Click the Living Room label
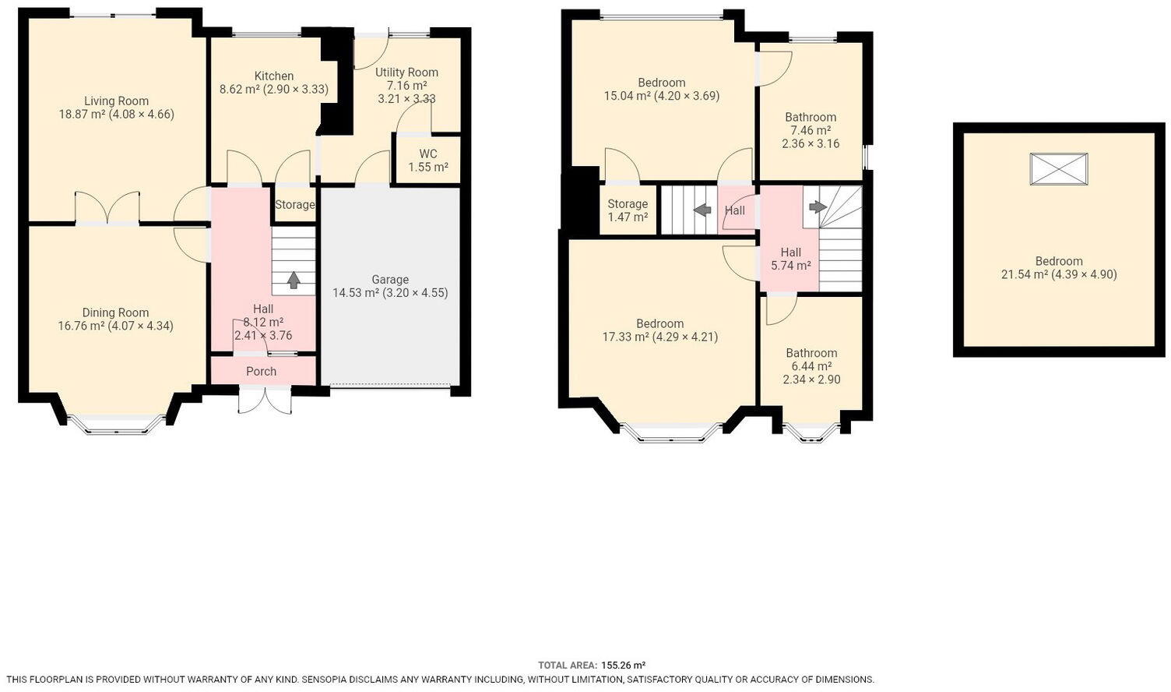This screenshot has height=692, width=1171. pos(116,101)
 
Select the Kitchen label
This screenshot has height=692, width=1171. pos(274,76)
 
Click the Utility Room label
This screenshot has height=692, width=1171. pos(406,72)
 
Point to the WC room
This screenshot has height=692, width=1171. pos(427,161)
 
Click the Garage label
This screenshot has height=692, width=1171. pos(390,280)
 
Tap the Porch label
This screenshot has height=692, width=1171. pos(262,371)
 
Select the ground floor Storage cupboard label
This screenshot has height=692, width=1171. pos(294,205)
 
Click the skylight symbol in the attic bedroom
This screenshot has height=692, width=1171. pos(1059,169)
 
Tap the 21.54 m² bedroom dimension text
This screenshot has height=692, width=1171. pos(1059,274)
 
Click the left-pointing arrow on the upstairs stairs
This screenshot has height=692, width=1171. pos(702,210)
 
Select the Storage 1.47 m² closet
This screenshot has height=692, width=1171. pos(628,210)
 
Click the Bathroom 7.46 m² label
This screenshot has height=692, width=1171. pos(811,117)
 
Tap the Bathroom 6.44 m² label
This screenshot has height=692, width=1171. pos(811,353)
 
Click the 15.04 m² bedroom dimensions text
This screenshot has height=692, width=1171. pos(662,96)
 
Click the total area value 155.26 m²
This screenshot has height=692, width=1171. pos(623,665)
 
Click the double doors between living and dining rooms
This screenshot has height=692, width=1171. pos(107,209)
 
